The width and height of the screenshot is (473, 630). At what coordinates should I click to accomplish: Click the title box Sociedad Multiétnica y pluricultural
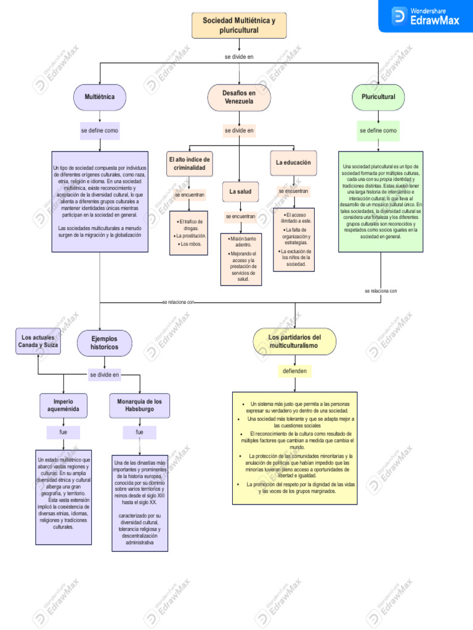point(239,25)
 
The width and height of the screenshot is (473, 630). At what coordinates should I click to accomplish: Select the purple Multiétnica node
point(99,97)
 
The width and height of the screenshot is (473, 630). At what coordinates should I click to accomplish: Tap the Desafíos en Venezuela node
point(239,97)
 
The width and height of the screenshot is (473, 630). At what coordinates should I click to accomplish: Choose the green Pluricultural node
point(378,97)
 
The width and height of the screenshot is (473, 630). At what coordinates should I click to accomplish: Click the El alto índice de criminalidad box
point(189,164)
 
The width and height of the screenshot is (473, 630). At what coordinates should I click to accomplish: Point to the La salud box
point(240,192)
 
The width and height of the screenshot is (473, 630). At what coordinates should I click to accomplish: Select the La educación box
point(293,163)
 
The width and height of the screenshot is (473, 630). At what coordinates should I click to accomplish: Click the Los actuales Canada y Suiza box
point(38,341)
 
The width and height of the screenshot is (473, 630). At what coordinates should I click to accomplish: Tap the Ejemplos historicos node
point(104,343)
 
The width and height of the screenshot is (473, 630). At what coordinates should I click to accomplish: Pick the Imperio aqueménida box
point(63,405)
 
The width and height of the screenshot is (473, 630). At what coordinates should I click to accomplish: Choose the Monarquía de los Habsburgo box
point(139,405)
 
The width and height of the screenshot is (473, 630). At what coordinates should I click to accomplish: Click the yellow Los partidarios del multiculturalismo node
point(294,341)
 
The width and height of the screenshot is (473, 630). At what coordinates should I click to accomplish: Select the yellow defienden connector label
point(294,372)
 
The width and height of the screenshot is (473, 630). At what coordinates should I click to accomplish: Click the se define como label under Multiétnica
point(99,131)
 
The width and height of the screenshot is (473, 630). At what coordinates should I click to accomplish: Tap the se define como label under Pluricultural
point(378,131)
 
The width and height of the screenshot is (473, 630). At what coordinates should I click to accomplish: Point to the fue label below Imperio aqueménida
point(63,433)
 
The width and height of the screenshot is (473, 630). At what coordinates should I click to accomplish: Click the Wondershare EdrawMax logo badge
point(425,16)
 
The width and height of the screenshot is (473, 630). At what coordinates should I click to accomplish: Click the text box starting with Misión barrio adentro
point(241,259)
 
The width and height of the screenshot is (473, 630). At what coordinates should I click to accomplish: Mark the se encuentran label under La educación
point(293,191)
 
